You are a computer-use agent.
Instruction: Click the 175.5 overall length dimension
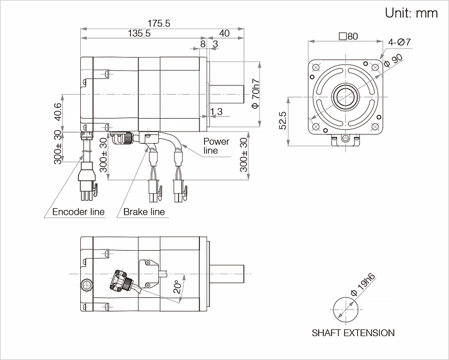pyautogui.click(x=158, y=23)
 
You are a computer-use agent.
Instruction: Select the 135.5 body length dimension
pyautogui.click(x=138, y=34)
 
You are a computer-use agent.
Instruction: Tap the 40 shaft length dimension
pyautogui.click(x=224, y=34)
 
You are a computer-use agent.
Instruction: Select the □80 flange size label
pyautogui.click(x=348, y=36)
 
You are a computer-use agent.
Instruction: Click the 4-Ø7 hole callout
pyautogui.click(x=400, y=42)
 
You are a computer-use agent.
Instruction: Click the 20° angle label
pyautogui.click(x=178, y=287)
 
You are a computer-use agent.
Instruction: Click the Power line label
pyautogui.click(x=216, y=146)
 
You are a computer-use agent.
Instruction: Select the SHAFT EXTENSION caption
pyautogui.click(x=353, y=333)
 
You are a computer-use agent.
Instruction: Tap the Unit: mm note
pyautogui.click(x=411, y=13)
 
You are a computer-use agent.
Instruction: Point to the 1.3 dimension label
pyautogui.click(x=216, y=111)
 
